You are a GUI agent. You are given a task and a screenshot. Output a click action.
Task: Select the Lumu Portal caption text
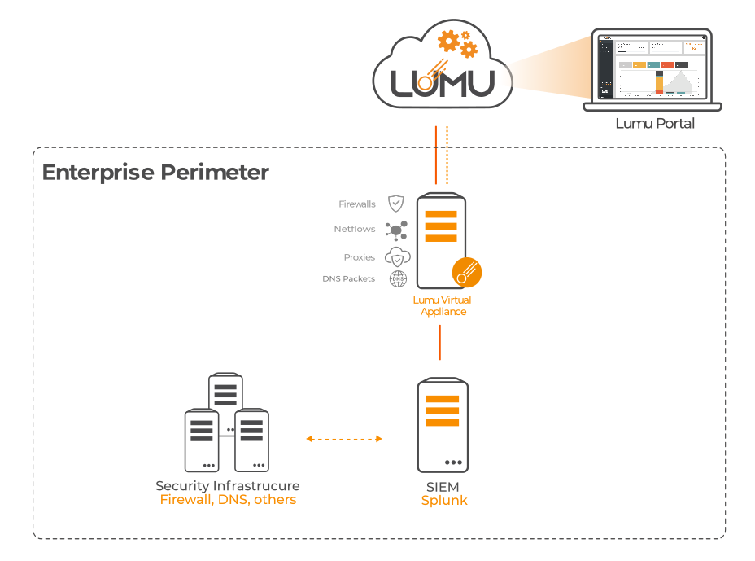coord(655,124)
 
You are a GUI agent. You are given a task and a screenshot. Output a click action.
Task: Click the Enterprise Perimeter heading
coord(155,173)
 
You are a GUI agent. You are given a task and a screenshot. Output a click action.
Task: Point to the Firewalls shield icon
coord(395,204)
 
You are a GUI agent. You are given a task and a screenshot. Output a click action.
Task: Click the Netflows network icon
coord(396,230)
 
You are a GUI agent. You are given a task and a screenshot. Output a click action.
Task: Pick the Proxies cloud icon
coord(397,257)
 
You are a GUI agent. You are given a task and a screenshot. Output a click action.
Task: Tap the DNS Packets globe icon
coord(397,278)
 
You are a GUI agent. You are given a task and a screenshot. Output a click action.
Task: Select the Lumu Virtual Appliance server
coord(441,240)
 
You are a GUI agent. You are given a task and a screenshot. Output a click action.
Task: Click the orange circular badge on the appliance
coord(467,272)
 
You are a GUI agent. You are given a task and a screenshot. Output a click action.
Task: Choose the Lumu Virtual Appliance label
coord(443,306)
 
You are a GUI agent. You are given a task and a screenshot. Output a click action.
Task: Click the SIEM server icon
coord(443,423)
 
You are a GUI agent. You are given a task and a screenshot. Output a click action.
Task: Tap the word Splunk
coord(444,501)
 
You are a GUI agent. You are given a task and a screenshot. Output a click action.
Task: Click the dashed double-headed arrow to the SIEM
coord(344,439)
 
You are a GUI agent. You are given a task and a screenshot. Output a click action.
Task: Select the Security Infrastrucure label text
coord(228,486)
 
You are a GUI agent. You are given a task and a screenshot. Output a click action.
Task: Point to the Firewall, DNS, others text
coord(228,500)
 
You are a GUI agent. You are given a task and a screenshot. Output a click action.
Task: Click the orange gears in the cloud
coord(456,42)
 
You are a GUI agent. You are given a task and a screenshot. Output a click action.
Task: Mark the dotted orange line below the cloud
coord(447,155)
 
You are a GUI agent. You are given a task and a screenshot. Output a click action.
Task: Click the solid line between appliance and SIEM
coord(440,342)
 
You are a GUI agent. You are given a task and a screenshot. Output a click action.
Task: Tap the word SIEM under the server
coord(443,487)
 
